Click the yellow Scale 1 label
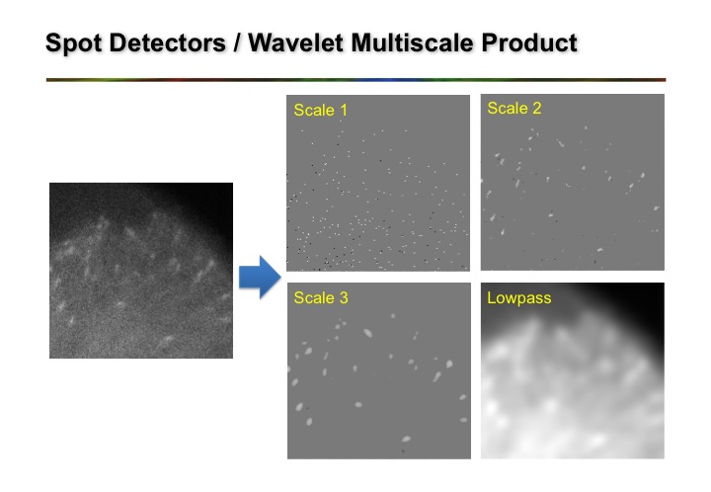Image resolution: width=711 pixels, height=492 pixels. (320, 111)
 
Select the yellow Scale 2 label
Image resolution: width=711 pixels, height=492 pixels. (513, 109)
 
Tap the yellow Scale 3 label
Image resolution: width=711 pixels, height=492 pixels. (320, 297)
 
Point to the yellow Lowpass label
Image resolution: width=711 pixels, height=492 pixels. (517, 297)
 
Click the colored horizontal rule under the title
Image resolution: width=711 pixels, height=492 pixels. (355, 79)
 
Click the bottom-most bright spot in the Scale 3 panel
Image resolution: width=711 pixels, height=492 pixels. (404, 439)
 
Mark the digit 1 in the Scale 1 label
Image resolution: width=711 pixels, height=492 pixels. (343, 111)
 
